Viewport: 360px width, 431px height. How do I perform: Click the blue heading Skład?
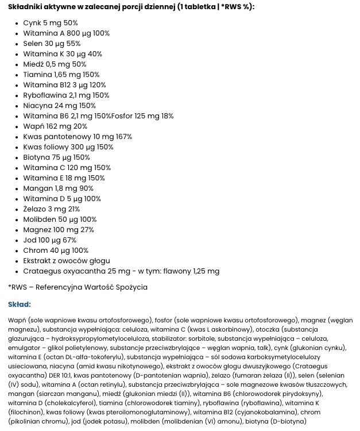[x=20, y=305]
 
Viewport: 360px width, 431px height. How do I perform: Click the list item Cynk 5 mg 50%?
[x=51, y=23]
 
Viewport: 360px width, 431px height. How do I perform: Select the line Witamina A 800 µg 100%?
[x=66, y=33]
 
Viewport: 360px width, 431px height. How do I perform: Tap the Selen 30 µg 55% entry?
[x=52, y=44]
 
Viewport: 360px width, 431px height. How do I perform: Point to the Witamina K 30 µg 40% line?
[x=63, y=54]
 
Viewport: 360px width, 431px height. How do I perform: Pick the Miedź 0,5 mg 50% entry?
[x=55, y=64]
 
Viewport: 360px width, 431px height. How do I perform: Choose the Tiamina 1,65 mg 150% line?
[x=61, y=75]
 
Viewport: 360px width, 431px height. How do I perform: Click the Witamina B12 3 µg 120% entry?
[x=64, y=85]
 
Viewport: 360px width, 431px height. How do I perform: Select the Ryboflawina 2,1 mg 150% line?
[x=66, y=95]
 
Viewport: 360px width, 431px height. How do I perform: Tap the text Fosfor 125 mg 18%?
[x=142, y=116]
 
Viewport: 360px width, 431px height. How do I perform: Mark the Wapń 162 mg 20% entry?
[x=55, y=126]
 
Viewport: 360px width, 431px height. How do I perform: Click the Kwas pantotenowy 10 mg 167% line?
[x=78, y=137]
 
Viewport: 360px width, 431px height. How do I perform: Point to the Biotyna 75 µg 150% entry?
[x=56, y=157]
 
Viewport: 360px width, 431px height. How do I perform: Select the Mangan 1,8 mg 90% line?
[x=58, y=188]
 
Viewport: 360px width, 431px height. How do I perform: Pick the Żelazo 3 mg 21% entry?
[x=52, y=209]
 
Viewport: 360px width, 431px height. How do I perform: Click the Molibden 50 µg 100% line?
[x=60, y=220]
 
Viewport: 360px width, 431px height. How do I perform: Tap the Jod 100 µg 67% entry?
[x=49, y=240]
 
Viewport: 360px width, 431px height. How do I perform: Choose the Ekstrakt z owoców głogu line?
[x=67, y=261]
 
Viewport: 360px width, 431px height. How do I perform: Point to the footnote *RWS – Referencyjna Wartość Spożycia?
[x=78, y=287]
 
